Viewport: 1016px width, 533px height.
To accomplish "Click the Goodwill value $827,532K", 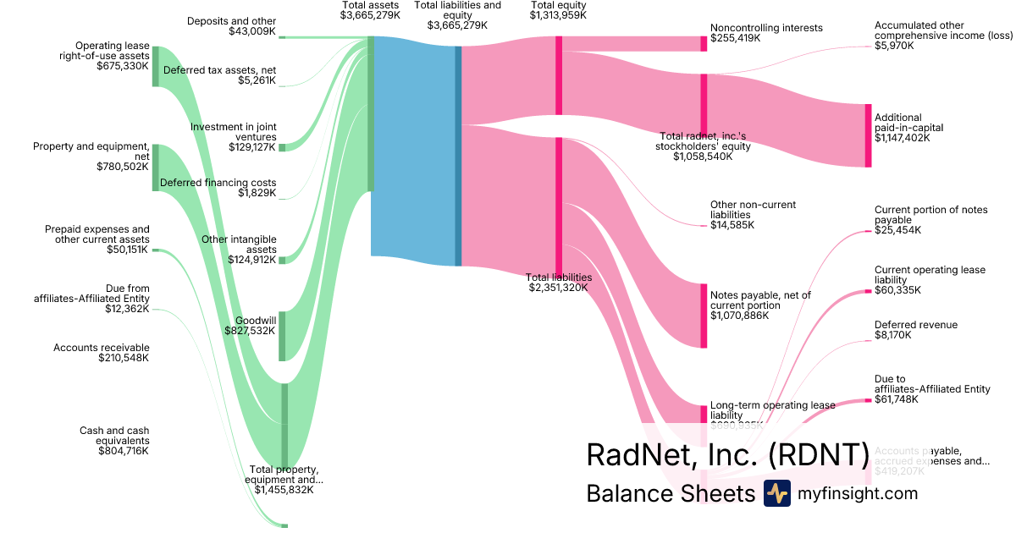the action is pos(250,331).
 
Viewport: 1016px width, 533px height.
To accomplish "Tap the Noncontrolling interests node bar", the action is pos(704,43).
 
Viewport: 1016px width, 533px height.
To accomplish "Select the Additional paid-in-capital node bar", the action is pos(867,135).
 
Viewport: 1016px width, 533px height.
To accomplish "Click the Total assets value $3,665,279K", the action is pos(370,15).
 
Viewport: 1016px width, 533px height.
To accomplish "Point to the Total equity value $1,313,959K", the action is pos(558,15).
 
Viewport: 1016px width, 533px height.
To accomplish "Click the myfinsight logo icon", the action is pos(776,493).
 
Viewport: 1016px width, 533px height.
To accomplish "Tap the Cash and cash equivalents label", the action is pos(114,436).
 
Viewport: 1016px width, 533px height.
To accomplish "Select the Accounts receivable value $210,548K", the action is pos(124,358).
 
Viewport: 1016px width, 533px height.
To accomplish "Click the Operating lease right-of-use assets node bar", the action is pos(155,66).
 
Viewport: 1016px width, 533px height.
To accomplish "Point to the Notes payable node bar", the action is pos(704,315).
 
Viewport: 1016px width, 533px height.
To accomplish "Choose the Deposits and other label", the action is pos(231,21).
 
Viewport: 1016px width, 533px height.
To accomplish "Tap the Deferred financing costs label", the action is pos(218,183).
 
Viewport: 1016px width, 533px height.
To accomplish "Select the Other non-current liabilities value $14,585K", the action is pos(732,225).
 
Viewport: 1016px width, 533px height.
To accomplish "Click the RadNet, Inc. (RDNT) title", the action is pos(727,455).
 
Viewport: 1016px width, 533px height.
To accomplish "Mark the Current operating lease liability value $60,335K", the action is pos(897,290).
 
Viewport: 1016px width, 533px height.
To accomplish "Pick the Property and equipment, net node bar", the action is pos(155,167).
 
